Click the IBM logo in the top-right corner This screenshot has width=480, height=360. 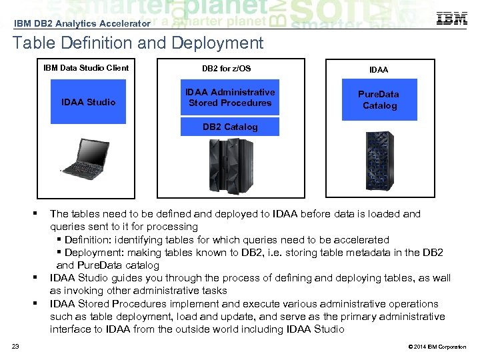[451, 19]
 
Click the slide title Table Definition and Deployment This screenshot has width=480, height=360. [138, 44]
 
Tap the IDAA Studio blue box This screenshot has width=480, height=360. [88, 102]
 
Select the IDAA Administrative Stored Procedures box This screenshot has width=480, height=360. [230, 97]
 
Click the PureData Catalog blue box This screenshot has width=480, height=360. [379, 100]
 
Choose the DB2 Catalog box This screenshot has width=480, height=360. [230, 127]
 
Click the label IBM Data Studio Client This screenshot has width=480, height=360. [86, 68]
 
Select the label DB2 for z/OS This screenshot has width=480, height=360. [227, 69]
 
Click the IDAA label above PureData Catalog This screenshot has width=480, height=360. [379, 69]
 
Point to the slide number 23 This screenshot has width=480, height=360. [15, 346]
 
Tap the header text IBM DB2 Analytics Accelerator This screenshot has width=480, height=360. [82, 23]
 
